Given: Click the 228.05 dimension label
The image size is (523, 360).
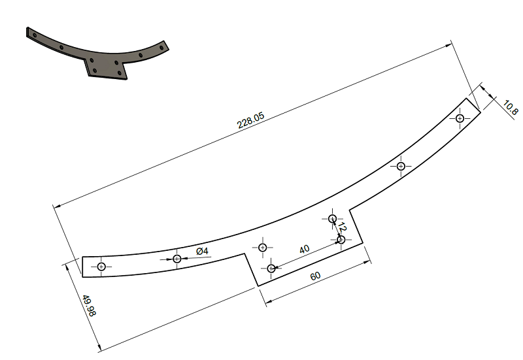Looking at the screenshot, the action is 250,120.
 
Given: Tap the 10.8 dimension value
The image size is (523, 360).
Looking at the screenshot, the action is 511,107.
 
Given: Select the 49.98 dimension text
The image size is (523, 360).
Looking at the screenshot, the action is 90,305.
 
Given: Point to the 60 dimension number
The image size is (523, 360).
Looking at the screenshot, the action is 315,276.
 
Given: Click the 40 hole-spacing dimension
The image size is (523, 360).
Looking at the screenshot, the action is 304,250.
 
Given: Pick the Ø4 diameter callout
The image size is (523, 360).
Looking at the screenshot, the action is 202,251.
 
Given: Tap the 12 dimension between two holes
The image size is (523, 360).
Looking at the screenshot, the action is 342,227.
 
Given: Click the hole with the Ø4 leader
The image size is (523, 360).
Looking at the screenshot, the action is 177,259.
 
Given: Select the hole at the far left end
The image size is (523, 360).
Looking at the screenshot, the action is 101,267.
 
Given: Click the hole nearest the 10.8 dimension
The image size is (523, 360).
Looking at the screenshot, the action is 460,118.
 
